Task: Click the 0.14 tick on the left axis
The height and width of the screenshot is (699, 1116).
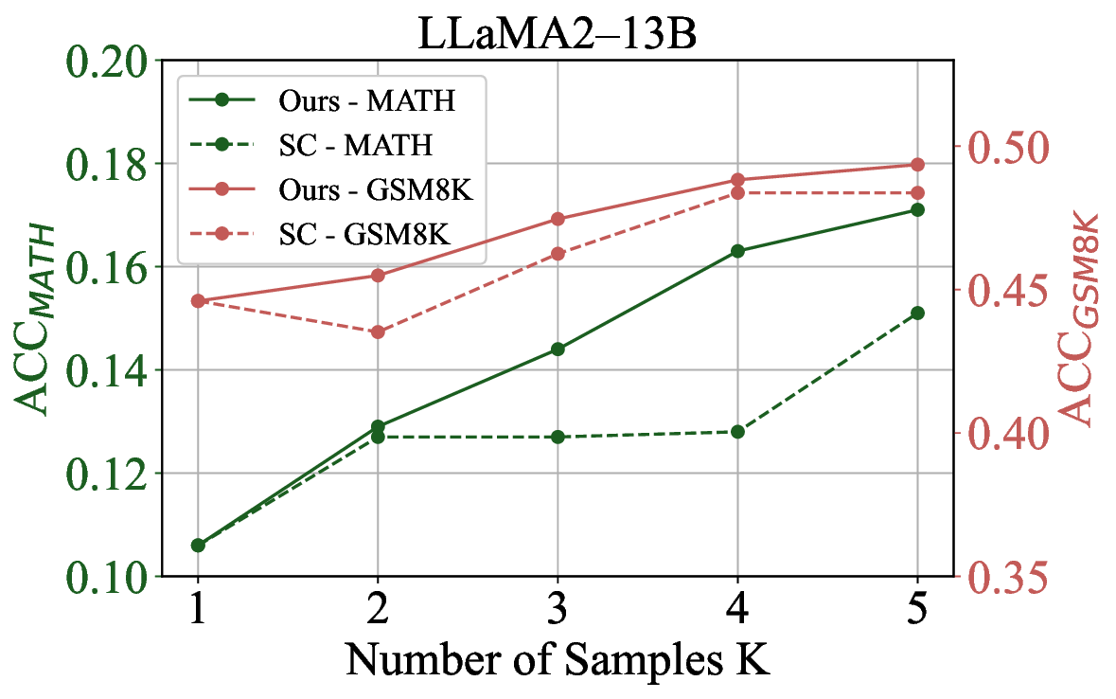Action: (x=105, y=370)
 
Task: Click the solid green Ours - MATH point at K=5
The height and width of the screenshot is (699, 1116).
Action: (x=916, y=209)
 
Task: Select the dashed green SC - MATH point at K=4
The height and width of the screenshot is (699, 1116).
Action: (x=737, y=432)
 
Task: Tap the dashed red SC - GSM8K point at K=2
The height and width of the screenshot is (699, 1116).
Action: (x=379, y=332)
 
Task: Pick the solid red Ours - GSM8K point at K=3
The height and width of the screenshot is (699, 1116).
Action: (x=558, y=219)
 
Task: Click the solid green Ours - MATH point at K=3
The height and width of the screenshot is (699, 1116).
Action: (x=558, y=349)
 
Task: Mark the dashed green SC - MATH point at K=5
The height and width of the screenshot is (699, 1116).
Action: (x=916, y=313)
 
